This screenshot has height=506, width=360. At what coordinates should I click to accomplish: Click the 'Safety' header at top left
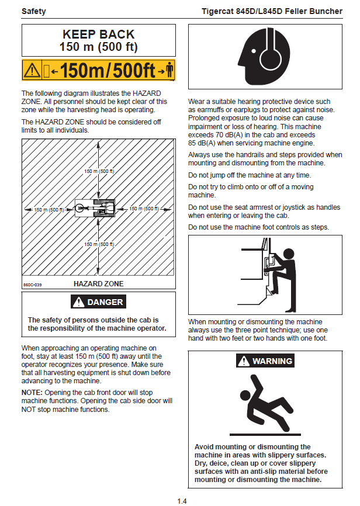[34, 11]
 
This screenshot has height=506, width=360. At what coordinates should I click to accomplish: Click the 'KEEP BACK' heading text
[98, 34]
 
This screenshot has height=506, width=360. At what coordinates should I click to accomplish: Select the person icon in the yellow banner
[169, 71]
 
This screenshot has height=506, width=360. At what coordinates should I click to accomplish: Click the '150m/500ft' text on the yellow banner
[108, 71]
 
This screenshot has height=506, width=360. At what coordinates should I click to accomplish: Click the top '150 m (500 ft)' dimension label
[99, 171]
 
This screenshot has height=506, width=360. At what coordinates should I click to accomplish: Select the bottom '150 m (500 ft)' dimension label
[99, 244]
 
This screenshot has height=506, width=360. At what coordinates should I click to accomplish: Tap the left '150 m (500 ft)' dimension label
[49, 209]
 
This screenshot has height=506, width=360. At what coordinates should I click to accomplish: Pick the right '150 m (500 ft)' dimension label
[144, 209]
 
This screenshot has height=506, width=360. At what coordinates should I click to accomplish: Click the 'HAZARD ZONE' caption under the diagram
[98, 284]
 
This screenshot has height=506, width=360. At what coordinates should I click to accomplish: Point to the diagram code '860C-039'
[33, 285]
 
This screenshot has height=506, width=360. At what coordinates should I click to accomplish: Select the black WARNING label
[265, 361]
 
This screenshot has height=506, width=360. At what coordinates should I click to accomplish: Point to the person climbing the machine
[279, 273]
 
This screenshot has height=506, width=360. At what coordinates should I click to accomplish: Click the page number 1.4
[182, 501]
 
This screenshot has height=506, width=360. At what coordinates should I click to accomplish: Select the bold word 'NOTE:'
[32, 393]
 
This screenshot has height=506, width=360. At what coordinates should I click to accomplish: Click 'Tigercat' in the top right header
[220, 11]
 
